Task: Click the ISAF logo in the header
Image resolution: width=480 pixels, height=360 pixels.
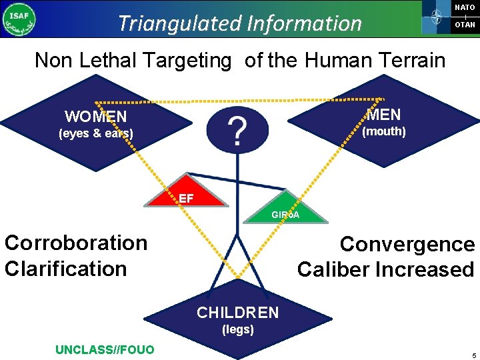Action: pyautogui.click(x=19, y=19)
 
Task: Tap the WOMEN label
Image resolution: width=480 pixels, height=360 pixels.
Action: pyautogui.click(x=96, y=117)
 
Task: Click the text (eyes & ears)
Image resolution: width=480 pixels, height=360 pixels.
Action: pyautogui.click(x=96, y=133)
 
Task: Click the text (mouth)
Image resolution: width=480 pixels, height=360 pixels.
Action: pyautogui.click(x=383, y=131)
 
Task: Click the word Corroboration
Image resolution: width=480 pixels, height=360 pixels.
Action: pyautogui.click(x=76, y=243)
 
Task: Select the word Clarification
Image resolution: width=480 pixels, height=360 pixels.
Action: pyautogui.click(x=65, y=269)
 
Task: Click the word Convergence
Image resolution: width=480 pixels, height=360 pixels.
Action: pyautogui.click(x=407, y=244)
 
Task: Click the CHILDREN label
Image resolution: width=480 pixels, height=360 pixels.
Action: pyautogui.click(x=237, y=313)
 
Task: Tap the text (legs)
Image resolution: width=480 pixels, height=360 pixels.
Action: pyautogui.click(x=238, y=329)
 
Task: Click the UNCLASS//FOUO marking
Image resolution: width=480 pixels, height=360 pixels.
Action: pyautogui.click(x=105, y=349)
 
